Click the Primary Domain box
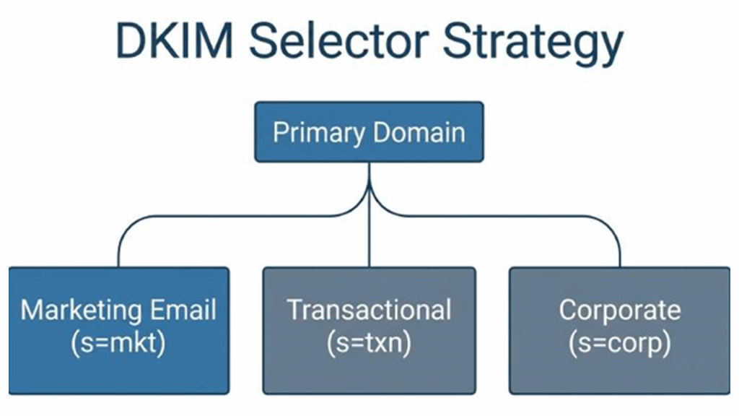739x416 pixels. [369, 132]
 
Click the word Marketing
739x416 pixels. [81, 310]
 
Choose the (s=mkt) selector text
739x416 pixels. [119, 343]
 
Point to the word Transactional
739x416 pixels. [369, 310]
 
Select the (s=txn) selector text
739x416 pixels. [369, 343]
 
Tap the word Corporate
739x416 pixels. [619, 310]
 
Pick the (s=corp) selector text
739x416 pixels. [619, 343]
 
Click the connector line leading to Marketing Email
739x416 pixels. [217, 215]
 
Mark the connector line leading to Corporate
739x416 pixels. [520, 215]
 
